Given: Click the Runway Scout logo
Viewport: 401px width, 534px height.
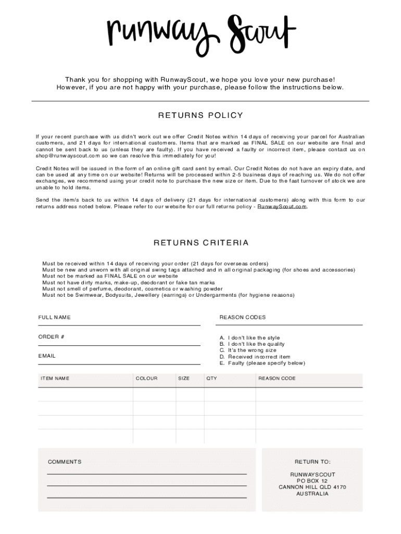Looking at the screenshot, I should [200, 30].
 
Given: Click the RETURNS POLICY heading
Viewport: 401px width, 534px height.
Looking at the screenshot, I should [200, 115].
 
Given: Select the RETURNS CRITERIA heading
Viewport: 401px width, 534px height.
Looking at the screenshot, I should [200, 242].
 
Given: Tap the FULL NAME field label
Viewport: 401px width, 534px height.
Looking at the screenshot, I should [54, 317].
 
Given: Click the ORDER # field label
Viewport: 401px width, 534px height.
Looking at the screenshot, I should [51, 337].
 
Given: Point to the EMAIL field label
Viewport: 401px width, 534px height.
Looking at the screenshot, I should [47, 356].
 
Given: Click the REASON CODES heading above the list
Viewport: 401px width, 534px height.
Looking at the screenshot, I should [242, 317].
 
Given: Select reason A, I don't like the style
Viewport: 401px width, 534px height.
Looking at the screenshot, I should [249, 338].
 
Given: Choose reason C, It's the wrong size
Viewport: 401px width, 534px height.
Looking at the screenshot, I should [248, 350].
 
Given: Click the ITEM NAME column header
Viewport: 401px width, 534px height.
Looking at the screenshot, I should [55, 378].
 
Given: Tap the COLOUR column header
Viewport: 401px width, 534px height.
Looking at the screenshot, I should [146, 378].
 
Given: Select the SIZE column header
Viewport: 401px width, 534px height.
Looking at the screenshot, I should [184, 378].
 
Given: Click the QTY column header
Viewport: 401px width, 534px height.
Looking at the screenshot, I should [211, 378].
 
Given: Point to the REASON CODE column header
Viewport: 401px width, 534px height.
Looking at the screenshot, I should [277, 378].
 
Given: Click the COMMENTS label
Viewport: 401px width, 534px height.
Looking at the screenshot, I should [65, 462].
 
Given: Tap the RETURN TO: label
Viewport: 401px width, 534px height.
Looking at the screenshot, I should [312, 462].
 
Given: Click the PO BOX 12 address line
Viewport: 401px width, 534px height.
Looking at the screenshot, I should [312, 481].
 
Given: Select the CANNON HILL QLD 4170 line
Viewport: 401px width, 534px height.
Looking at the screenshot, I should [312, 487].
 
